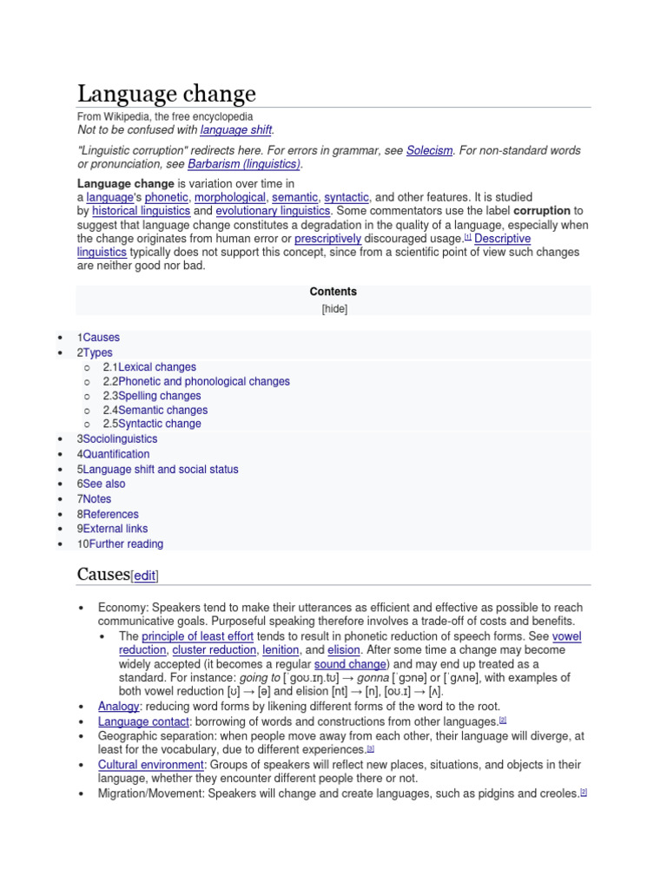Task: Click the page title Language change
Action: [x=167, y=94]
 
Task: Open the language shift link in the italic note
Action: [x=236, y=130]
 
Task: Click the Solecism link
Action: [x=429, y=150]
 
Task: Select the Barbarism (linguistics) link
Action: [x=244, y=164]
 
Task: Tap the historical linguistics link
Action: [x=141, y=211]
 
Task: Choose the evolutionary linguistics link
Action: [x=273, y=211]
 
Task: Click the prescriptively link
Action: [x=327, y=239]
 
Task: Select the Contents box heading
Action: [x=333, y=292]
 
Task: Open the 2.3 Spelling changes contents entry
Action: [x=152, y=396]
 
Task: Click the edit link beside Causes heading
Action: [x=144, y=576]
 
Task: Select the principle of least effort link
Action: [x=198, y=636]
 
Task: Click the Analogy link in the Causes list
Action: [x=119, y=707]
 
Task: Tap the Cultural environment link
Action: [x=151, y=765]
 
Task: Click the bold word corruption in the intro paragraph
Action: [x=542, y=211]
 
